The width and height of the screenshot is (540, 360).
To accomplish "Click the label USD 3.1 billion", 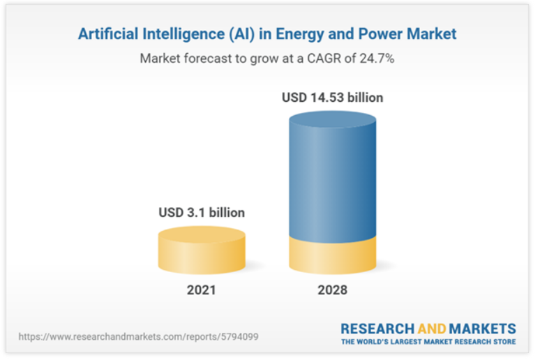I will [x=202, y=212].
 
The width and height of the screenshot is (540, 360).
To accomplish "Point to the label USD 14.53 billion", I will [x=332, y=98].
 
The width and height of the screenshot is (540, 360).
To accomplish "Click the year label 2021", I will [x=201, y=290].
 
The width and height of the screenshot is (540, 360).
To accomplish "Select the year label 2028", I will [x=332, y=290].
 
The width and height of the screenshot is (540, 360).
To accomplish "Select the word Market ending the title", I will [x=433, y=33].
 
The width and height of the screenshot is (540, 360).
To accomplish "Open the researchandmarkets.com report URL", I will [x=139, y=336].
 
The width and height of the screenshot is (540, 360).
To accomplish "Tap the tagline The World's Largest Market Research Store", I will [x=428, y=342].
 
